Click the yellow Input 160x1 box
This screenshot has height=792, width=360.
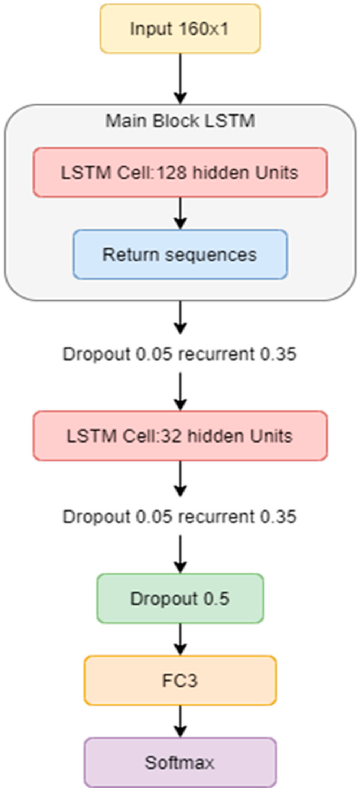[x=180, y=29]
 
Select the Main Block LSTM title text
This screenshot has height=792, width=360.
[x=180, y=121]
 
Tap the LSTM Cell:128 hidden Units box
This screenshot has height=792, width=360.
[x=180, y=173]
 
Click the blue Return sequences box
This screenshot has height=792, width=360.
[x=180, y=254]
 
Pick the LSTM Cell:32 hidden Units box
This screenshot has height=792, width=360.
[x=180, y=436]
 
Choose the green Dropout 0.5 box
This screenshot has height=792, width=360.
[x=180, y=599]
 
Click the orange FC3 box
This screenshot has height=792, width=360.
[x=180, y=680]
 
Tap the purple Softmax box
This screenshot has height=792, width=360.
[x=180, y=762]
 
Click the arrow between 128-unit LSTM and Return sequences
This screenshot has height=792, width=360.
[x=180, y=213]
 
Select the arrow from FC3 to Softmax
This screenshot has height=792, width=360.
[x=180, y=721]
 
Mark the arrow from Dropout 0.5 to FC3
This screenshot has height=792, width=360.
[x=180, y=639]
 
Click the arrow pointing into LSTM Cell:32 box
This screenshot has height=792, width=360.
[x=180, y=392]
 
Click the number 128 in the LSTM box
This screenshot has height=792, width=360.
[x=172, y=173]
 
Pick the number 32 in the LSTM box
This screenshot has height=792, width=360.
[x=172, y=436]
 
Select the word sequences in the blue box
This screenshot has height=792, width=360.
[x=211, y=255]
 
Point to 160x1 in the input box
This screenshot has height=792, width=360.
[x=204, y=29]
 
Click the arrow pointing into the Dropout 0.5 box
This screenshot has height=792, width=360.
[x=180, y=554]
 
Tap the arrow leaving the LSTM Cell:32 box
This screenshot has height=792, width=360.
[x=180, y=479]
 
